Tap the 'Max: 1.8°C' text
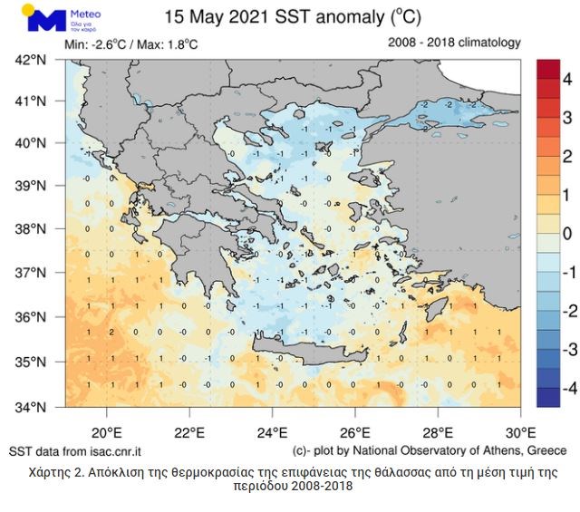coord(169,44)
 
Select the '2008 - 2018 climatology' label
coord(454,43)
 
